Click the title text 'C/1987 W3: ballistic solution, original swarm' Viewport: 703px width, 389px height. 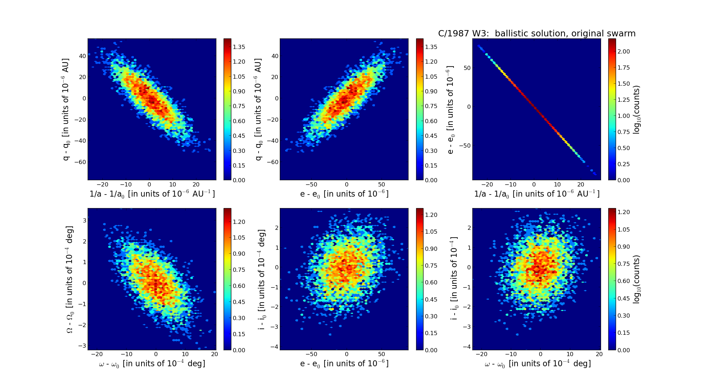537,34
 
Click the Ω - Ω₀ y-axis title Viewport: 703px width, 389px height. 70,279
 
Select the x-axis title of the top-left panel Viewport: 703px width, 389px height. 152,194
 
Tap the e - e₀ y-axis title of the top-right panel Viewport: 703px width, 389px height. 450,109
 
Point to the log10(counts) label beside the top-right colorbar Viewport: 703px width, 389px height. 637,109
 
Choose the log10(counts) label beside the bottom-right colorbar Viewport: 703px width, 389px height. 637,279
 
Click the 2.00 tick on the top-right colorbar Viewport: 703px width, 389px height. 623,51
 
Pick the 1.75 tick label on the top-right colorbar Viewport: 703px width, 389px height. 623,68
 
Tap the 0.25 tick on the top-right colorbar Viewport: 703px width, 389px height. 623,164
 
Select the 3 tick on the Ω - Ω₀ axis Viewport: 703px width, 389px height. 84,220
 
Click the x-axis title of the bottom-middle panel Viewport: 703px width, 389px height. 344,364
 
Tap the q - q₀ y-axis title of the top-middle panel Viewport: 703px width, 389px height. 258,109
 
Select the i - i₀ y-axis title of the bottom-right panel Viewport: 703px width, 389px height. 454,279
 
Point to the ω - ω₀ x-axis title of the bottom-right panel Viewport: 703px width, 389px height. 537,364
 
